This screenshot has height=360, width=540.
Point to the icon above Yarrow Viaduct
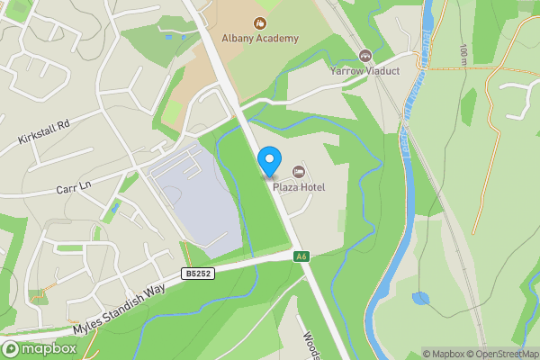pos(364,56)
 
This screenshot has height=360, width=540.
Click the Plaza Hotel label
pos(299,186)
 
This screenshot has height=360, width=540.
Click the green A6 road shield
pos(301,256)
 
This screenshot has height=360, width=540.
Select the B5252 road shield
pos(197,273)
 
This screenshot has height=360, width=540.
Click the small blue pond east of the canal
pos(420,298)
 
